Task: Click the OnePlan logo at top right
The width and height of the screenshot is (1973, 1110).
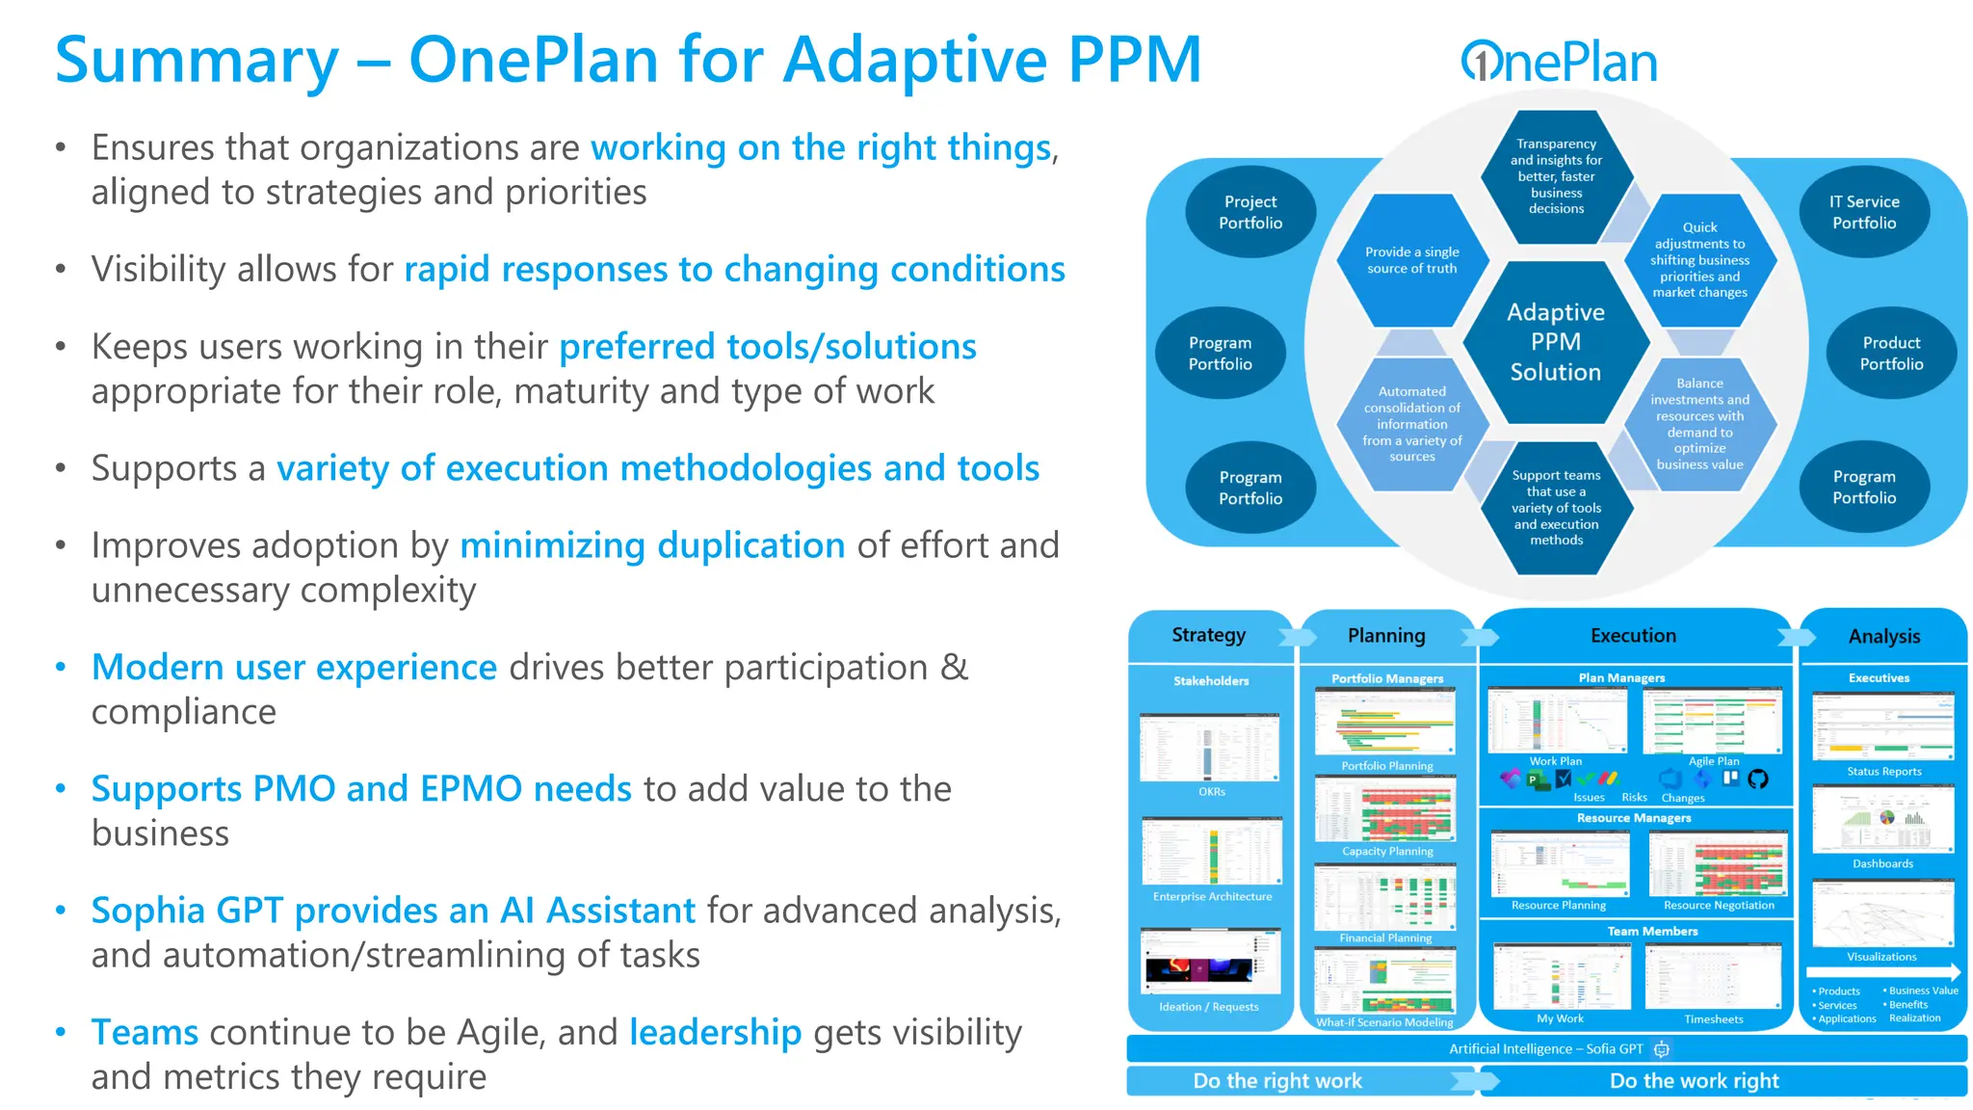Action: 1559,62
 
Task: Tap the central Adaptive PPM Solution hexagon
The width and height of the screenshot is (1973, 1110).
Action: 1555,342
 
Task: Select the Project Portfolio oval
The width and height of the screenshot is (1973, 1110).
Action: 1250,212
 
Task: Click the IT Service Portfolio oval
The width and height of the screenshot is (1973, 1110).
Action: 1863,212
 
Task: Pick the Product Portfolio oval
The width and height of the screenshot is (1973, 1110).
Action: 1890,353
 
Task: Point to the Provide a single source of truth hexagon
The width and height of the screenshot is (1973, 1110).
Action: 1411,260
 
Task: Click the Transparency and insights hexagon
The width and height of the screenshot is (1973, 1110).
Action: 1556,175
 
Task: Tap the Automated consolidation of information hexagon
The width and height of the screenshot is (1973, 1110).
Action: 1411,424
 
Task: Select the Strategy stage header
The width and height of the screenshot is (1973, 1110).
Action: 1208,635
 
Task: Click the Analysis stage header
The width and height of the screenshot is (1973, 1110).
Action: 1883,636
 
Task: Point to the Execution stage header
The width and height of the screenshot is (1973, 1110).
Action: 1633,635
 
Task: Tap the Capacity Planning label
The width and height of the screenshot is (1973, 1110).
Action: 1387,851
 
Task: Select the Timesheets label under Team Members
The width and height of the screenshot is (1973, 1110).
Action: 1713,1018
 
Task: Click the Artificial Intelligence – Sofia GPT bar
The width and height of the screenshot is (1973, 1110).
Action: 1546,1048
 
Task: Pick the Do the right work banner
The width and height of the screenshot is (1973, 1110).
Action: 1277,1081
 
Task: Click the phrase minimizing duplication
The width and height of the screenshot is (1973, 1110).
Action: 652,545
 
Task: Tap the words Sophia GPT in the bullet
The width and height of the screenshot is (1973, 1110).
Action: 187,910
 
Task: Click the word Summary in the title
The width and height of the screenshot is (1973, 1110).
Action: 197,60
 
